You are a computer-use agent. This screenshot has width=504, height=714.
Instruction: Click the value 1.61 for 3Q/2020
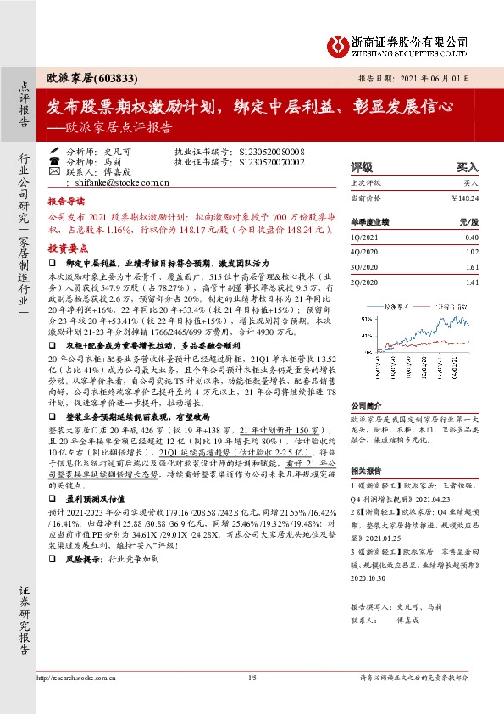pyautogui.click(x=472, y=266)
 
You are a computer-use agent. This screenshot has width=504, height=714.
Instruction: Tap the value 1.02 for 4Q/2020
pyautogui.click(x=472, y=253)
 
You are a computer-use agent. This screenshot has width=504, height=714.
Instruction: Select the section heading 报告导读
pyautogui.click(x=65, y=204)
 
